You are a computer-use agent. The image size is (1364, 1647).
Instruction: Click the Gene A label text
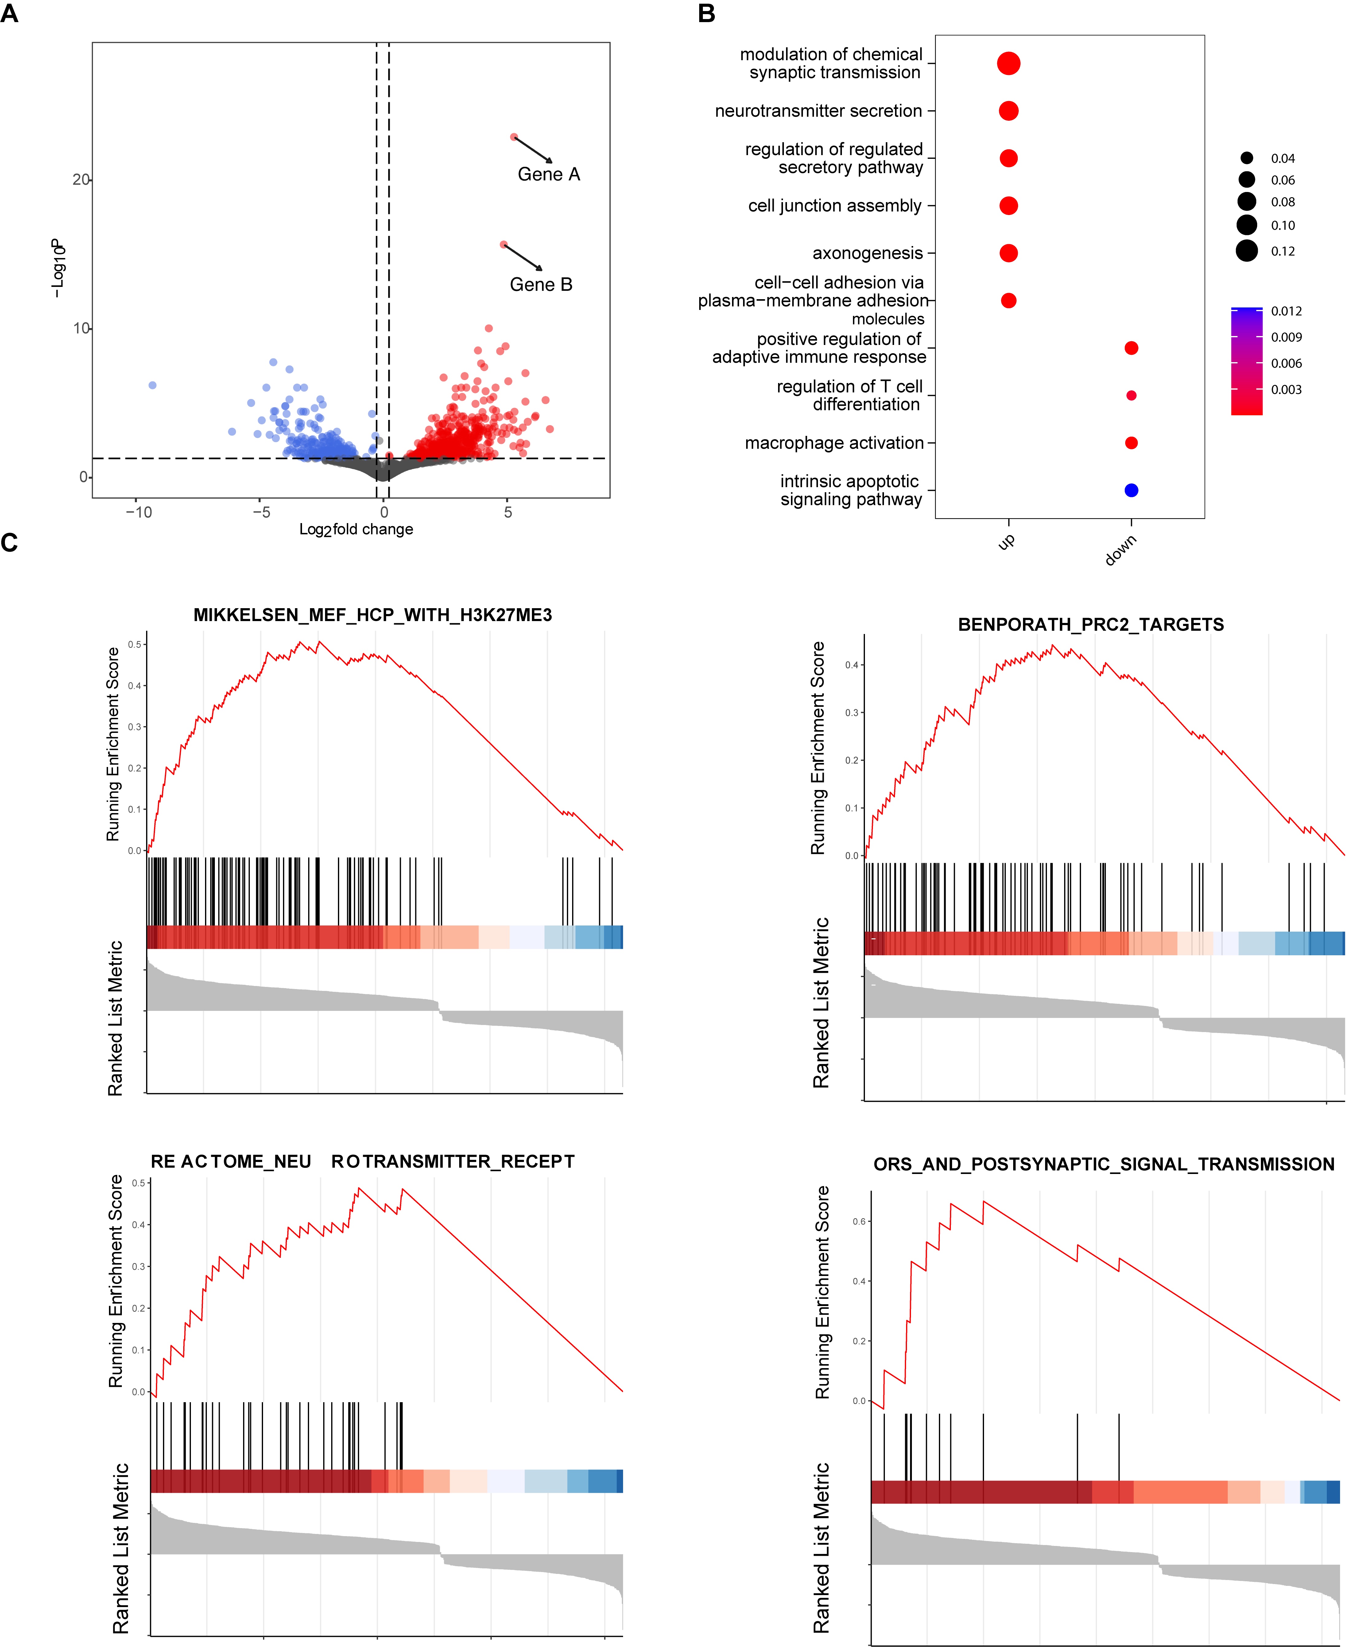[x=549, y=174]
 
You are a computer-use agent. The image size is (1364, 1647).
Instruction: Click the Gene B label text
[x=541, y=285]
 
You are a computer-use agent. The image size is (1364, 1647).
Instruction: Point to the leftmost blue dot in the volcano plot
[x=153, y=385]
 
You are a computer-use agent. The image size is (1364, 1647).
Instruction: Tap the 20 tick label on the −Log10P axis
[x=81, y=180]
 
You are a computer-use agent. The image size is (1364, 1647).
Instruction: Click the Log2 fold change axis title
[x=356, y=530]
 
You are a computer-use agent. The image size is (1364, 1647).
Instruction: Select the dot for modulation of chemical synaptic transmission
[x=1009, y=64]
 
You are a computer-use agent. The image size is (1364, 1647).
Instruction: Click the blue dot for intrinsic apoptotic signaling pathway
[x=1131, y=490]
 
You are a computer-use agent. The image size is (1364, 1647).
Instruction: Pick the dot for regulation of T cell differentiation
[x=1131, y=395]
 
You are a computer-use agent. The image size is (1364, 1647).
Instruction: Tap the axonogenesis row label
[x=867, y=253]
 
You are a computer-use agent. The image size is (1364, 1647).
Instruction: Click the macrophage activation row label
[x=834, y=443]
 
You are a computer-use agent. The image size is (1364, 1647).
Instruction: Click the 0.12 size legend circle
[x=1246, y=251]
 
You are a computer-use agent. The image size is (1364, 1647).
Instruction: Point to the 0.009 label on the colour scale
[x=1286, y=337]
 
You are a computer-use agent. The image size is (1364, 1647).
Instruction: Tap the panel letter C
[x=10, y=543]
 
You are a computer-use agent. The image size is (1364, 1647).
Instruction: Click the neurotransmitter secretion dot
[x=1009, y=111]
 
